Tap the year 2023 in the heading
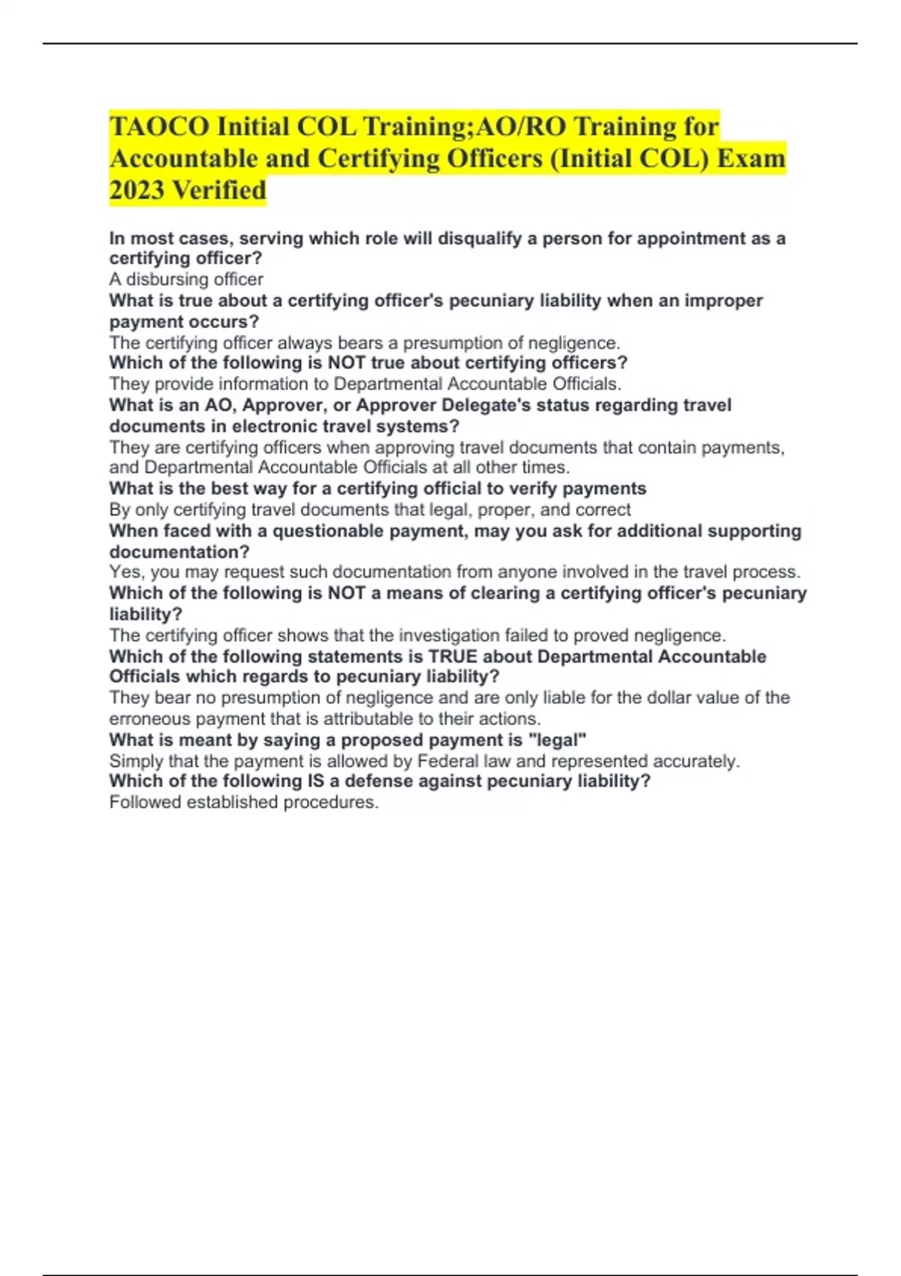[137, 190]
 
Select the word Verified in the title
[219, 190]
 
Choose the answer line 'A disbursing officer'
[186, 279]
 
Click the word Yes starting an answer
[125, 572]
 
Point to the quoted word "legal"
[557, 740]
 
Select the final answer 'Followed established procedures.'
[244, 802]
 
